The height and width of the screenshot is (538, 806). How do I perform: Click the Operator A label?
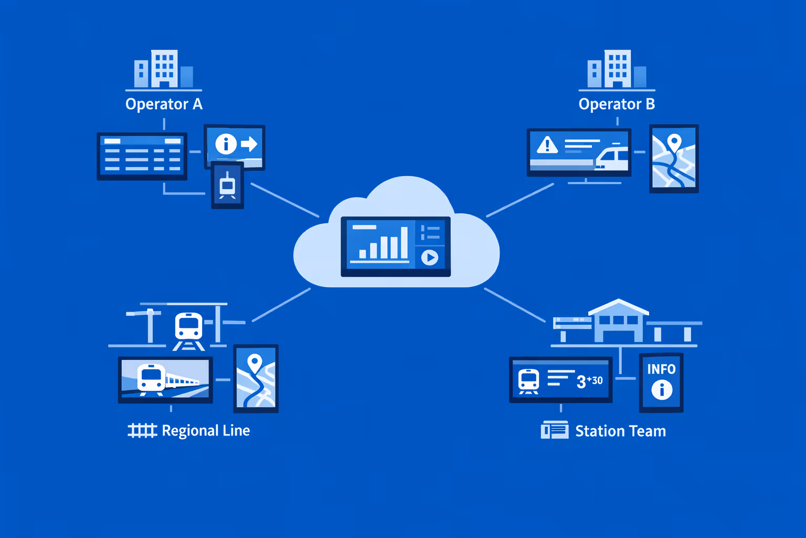tap(164, 104)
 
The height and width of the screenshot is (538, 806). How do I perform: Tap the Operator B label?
tap(617, 104)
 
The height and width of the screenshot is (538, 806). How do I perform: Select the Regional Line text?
tap(206, 431)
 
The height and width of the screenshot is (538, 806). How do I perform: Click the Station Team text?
tap(620, 431)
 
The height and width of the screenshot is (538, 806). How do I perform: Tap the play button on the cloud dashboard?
tap(430, 257)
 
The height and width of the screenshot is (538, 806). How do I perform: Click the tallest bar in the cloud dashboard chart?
tap(404, 243)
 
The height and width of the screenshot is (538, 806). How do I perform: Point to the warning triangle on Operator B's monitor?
tap(547, 144)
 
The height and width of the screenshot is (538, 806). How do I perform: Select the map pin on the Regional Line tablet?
tap(254, 363)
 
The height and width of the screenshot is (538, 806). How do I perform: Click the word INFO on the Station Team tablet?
tap(661, 369)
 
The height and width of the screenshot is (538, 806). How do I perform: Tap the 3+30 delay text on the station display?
tap(589, 381)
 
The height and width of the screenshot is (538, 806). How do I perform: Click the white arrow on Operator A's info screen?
tap(249, 143)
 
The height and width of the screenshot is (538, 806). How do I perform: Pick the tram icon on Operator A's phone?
tap(227, 185)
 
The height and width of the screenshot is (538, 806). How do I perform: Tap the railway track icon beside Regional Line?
tap(142, 431)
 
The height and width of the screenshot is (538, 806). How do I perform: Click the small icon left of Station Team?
tap(555, 430)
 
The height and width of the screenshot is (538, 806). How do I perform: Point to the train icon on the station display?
tap(528, 380)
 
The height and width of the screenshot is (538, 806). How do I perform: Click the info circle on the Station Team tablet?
tap(662, 390)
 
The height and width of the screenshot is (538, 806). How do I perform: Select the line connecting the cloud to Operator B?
tap(519, 200)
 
